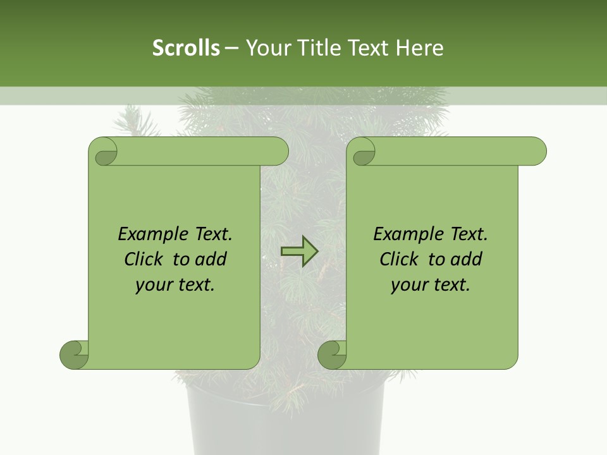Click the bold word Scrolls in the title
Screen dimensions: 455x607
[x=187, y=47]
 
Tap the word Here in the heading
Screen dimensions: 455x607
[x=420, y=47]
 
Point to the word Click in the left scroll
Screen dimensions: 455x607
[x=146, y=259]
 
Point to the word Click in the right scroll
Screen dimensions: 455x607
[x=402, y=259]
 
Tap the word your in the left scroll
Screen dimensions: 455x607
[x=153, y=285]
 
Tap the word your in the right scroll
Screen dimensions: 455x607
[x=408, y=285]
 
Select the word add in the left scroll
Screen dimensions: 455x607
[x=212, y=259]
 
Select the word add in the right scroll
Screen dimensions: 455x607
[x=467, y=259]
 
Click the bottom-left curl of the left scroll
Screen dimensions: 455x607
[x=75, y=355]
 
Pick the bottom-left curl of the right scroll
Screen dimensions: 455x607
[x=333, y=355]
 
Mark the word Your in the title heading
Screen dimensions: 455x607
[x=265, y=47]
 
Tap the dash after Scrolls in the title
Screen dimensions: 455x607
[x=231, y=47]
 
